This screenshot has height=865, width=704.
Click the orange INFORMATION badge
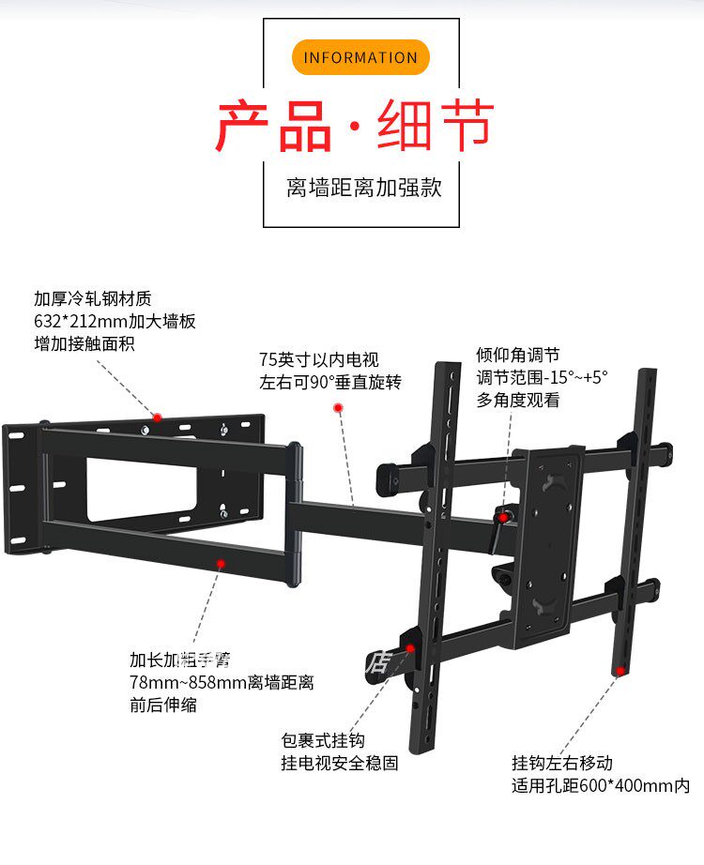(360, 57)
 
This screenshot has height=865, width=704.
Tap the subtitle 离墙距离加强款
(363, 188)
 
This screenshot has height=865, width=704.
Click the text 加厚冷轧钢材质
(92, 299)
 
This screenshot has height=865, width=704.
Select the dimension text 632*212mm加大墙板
(115, 321)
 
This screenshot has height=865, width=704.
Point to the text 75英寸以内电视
(319, 359)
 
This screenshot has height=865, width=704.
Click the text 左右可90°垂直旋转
(329, 382)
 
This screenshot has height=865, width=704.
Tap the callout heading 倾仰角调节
(518, 355)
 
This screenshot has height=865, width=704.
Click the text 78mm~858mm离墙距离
(222, 683)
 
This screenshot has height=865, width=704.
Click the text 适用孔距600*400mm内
(601, 785)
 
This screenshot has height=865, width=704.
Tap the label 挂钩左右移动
(562, 764)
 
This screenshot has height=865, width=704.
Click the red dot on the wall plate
(159, 417)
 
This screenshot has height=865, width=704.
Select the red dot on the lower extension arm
(222, 564)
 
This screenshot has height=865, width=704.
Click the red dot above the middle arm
(338, 408)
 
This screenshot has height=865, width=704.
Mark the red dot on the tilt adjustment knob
(504, 517)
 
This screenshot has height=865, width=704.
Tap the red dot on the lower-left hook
(410, 647)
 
